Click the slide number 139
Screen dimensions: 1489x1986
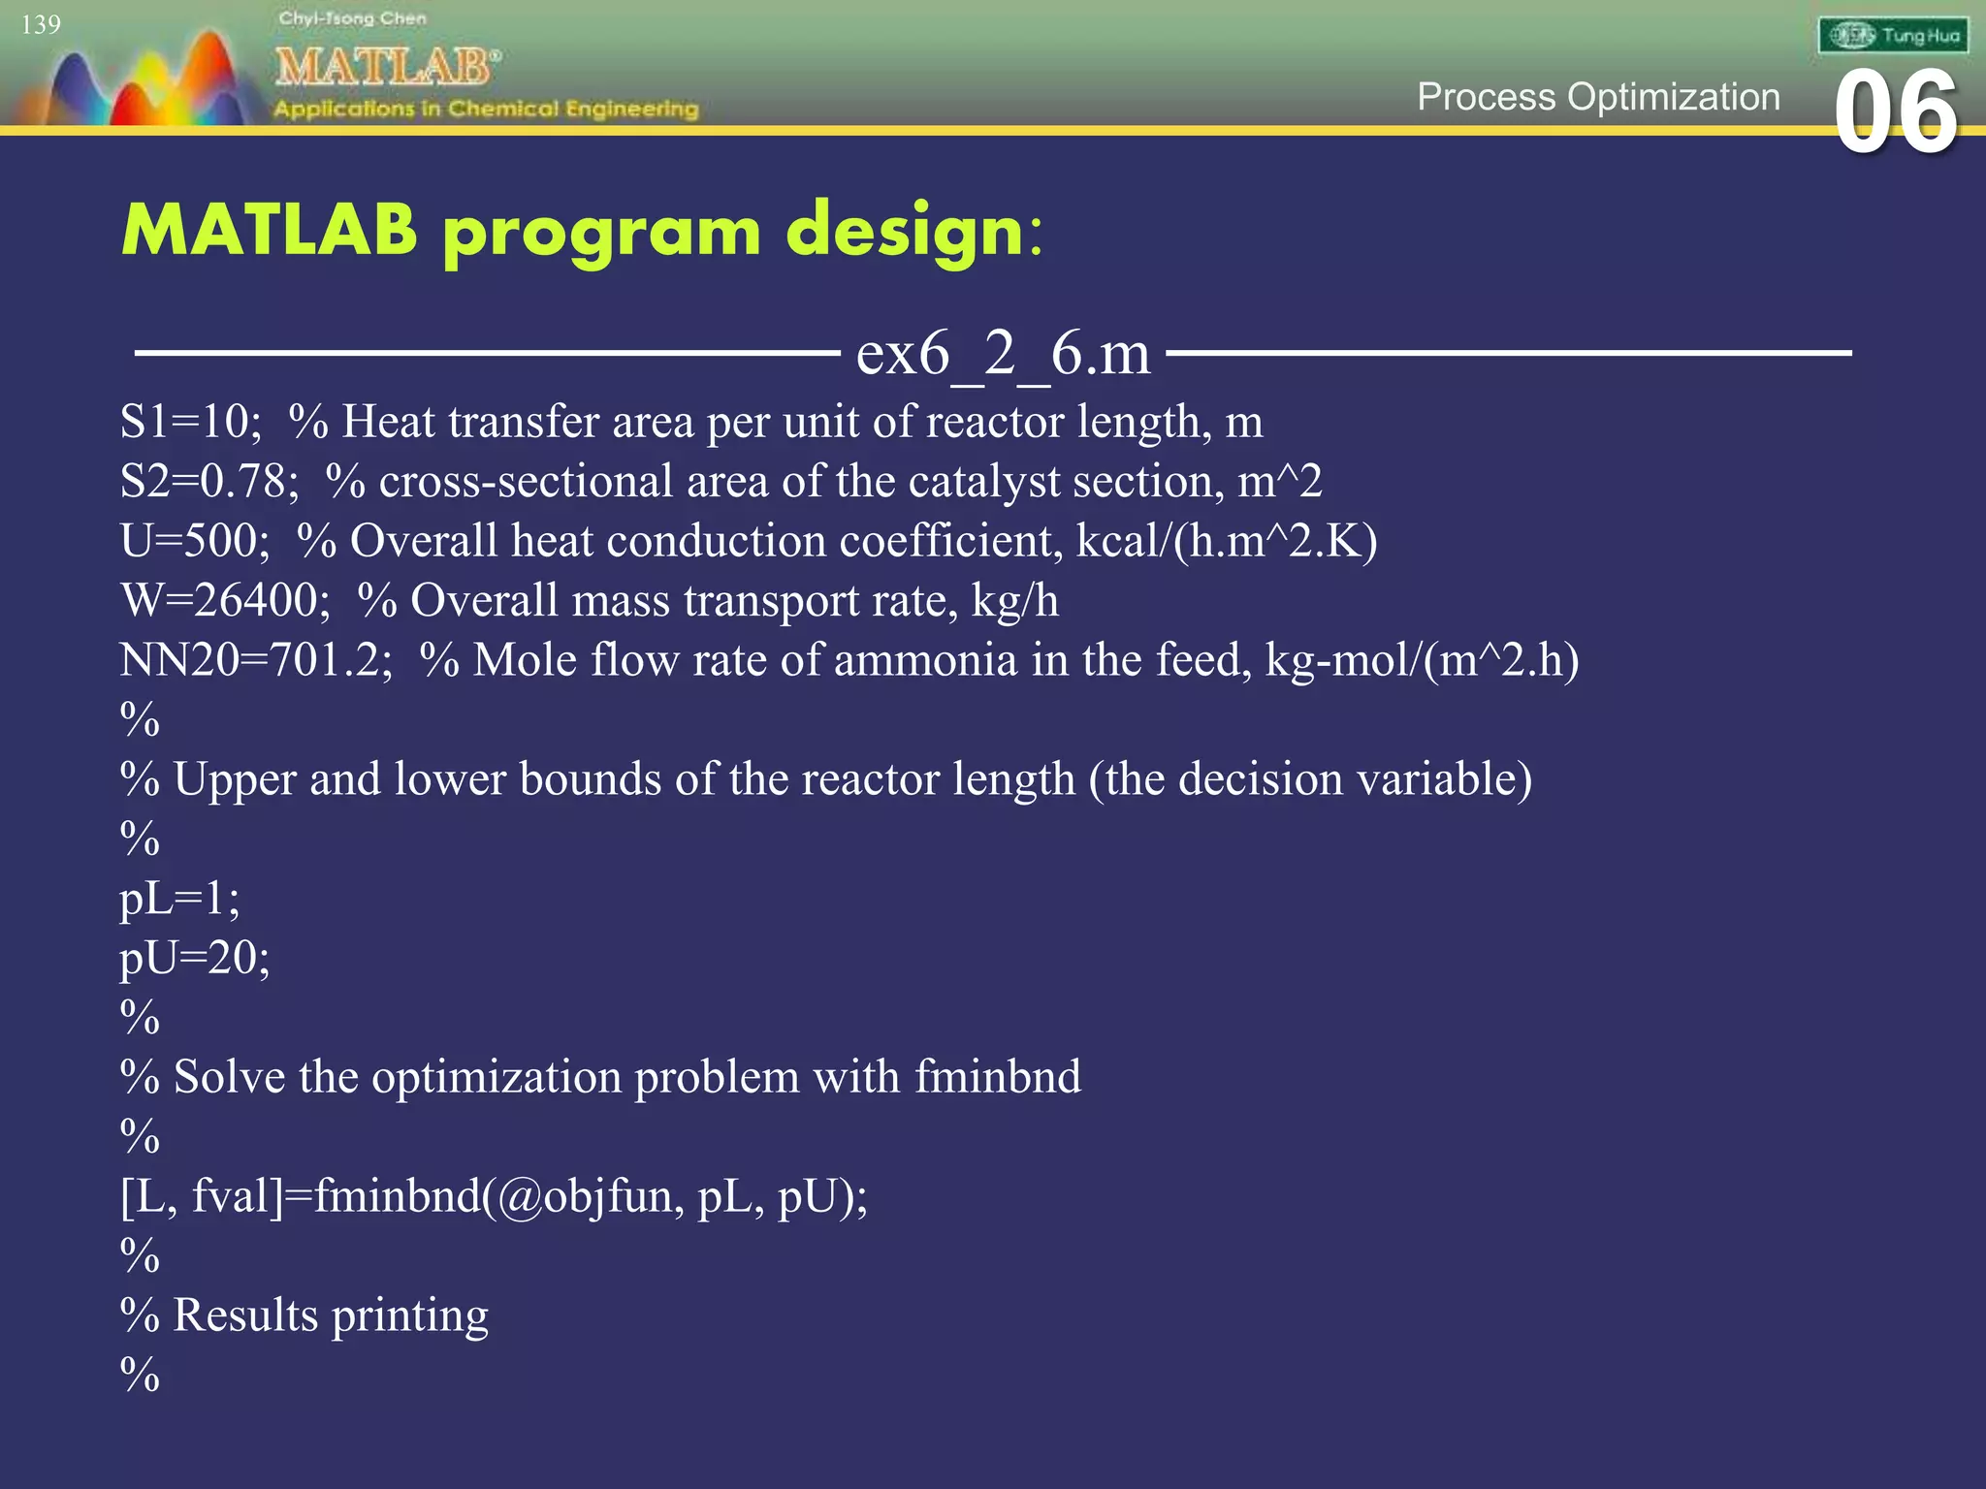pos(41,24)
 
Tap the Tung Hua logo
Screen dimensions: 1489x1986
pos(1893,36)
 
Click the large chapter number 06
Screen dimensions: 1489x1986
pos(1896,113)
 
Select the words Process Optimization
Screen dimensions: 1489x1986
pos(1598,97)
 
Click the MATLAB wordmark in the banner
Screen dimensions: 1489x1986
pos(386,68)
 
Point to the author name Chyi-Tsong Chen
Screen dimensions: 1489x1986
pos(352,18)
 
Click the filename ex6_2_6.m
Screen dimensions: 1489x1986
pos(1003,352)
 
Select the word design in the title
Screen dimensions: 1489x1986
pos(905,233)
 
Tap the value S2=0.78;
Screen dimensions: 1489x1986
pos(209,482)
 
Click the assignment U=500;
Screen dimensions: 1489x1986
pos(195,541)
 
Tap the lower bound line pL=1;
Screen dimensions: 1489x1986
pos(179,899)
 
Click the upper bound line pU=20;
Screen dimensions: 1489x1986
pos(194,959)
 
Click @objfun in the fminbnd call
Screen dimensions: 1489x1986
pos(586,1196)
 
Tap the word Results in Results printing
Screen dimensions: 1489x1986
pos(245,1315)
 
